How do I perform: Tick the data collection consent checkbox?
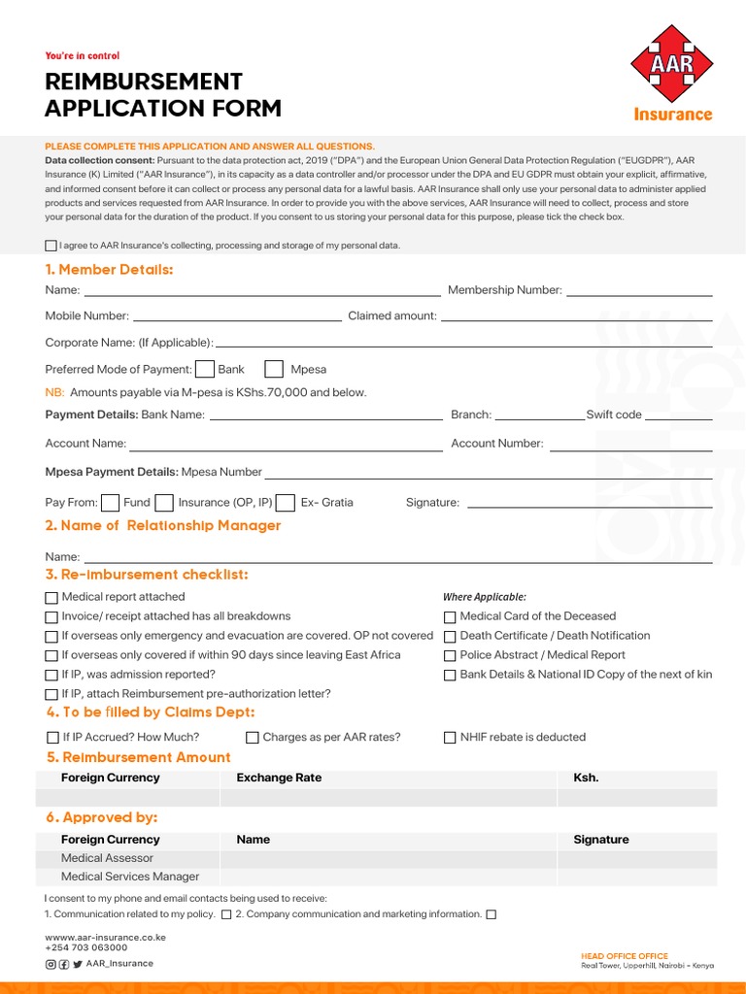[51, 246]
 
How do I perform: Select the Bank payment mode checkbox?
[205, 369]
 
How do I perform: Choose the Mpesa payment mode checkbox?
[274, 369]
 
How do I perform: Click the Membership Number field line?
[639, 291]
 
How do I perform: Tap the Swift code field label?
[614, 414]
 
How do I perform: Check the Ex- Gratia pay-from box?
[286, 503]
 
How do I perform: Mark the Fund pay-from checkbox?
[111, 503]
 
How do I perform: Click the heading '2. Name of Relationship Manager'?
[163, 525]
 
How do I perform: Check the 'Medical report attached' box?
[51, 597]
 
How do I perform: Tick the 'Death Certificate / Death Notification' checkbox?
[450, 636]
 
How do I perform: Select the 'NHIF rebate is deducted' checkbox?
[450, 738]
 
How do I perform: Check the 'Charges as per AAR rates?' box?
[253, 738]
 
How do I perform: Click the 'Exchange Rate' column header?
[279, 778]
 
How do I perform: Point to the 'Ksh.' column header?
[586, 778]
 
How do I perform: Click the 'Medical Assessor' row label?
[107, 858]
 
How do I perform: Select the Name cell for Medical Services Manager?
[389, 877]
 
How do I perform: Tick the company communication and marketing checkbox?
[491, 914]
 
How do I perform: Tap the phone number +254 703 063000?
[86, 947]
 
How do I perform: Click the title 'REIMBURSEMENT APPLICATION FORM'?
[163, 94]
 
